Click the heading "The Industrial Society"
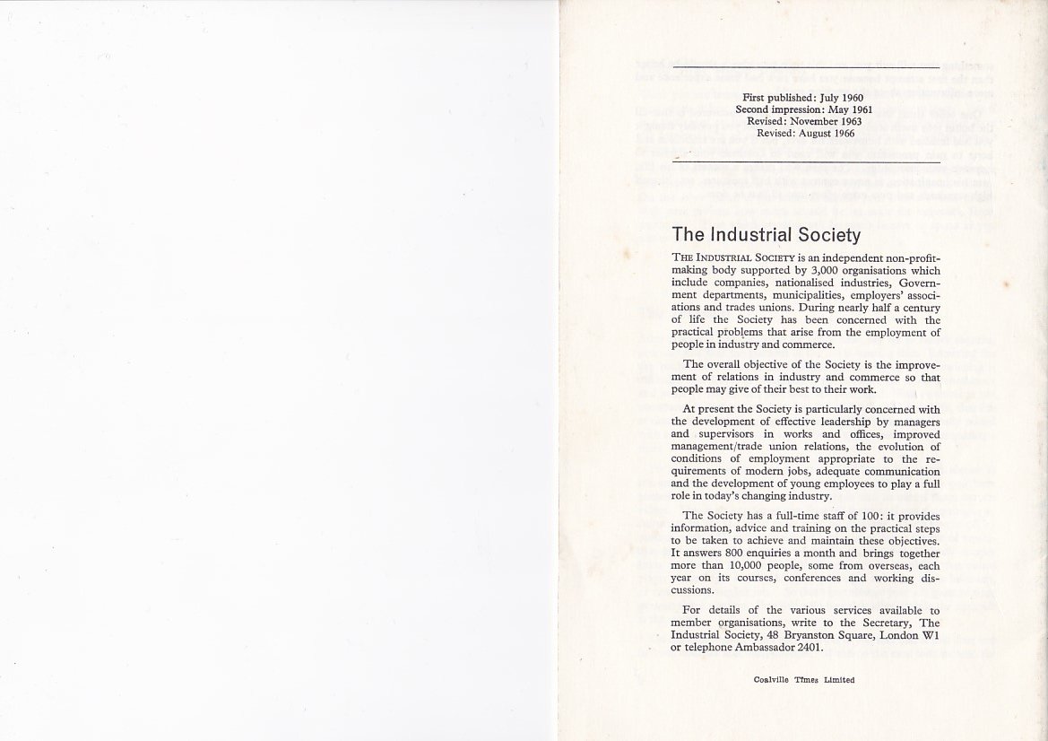[766, 236]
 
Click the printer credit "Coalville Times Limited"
[804, 680]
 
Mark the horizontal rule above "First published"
[805, 68]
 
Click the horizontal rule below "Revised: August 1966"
[805, 161]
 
